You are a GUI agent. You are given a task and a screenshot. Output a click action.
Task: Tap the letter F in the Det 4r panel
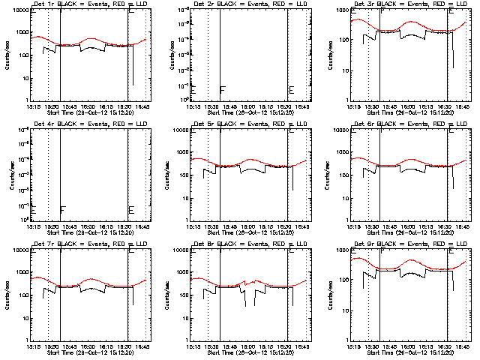coord(63,209)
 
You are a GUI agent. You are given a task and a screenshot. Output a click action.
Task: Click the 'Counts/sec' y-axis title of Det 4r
coord(7,174)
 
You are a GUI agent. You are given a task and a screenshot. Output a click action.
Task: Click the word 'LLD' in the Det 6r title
coord(462,124)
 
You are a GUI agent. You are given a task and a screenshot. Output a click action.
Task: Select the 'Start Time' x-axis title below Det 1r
coord(55,112)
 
